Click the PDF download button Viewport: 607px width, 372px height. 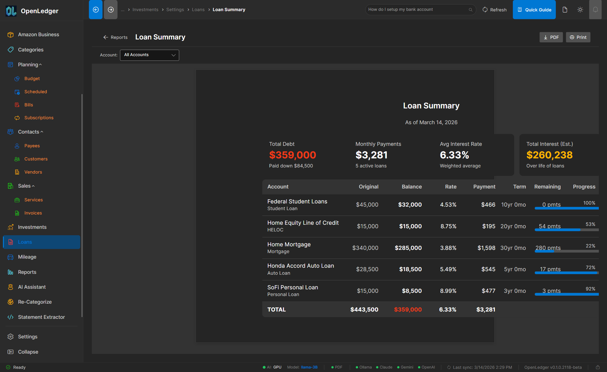tap(551, 37)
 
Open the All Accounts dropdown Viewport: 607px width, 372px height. tap(149, 55)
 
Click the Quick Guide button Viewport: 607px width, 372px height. tap(534, 10)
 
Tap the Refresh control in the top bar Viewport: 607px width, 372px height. tap(494, 10)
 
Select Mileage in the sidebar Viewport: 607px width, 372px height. tap(27, 257)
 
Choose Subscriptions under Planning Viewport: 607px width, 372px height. tap(39, 118)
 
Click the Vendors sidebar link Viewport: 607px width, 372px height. tap(33, 172)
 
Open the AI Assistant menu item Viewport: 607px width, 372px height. tap(32, 287)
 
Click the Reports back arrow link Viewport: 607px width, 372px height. tap(115, 37)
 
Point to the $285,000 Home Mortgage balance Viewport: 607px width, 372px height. tap(408, 248)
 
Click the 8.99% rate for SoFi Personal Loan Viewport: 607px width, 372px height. tap(448, 291)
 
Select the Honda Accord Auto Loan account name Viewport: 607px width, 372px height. tap(301, 266)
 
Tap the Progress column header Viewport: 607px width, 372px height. tap(584, 187)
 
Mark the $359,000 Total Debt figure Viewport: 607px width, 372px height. tap(292, 155)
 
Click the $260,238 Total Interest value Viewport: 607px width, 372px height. tap(549, 155)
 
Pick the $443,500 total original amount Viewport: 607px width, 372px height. tap(364, 310)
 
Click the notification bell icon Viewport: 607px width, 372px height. tap(595, 10)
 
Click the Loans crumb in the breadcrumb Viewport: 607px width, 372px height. tap(198, 10)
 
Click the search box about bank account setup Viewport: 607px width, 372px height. tap(418, 10)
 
